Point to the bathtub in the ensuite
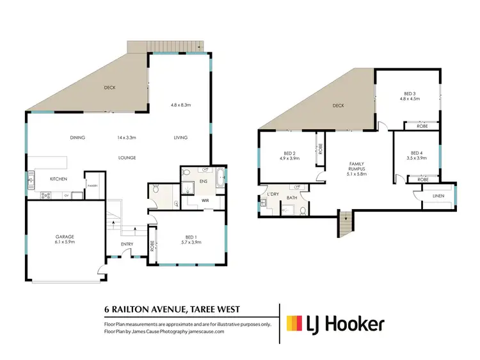click(x=220, y=177)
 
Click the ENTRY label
click(x=127, y=245)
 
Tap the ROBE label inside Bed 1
click(x=152, y=244)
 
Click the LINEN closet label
click(x=438, y=196)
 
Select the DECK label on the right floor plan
click(x=338, y=106)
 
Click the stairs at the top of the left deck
click(x=166, y=46)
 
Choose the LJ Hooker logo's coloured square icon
click(x=295, y=324)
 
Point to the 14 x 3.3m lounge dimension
click(x=127, y=137)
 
